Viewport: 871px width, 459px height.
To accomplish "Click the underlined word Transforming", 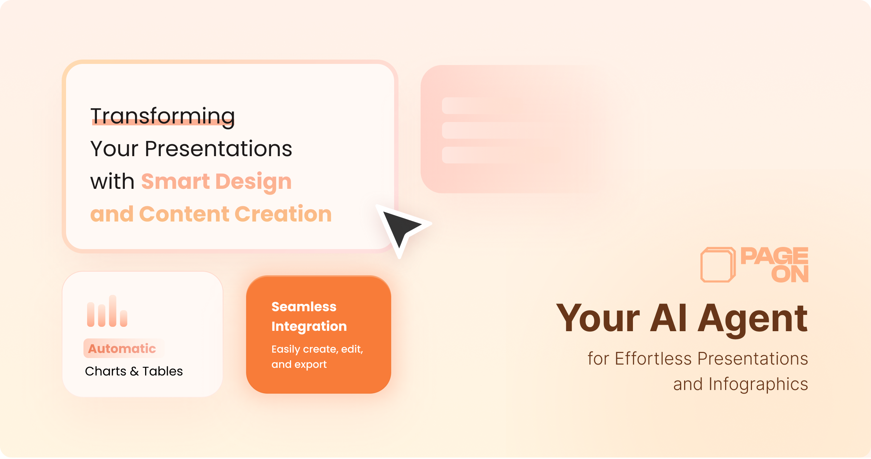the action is pos(163,117).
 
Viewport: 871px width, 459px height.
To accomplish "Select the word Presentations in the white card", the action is pos(218,149).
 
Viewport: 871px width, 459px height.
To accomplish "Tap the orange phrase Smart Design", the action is pos(216,182).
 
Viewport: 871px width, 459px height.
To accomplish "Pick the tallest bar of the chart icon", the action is pos(113,311).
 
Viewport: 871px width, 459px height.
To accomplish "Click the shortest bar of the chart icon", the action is pos(124,318).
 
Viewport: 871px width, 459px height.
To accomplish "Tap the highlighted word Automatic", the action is pos(122,349).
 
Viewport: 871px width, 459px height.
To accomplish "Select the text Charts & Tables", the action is pos(134,371).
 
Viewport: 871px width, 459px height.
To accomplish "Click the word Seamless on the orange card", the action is pos(304,307).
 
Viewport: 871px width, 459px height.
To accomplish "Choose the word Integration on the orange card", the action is pos(309,326).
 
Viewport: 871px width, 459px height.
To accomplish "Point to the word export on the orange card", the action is pos(310,365).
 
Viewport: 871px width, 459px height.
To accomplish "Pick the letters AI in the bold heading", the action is pos(668,318).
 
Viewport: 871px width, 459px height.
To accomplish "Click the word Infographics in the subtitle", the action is pos(758,385).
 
